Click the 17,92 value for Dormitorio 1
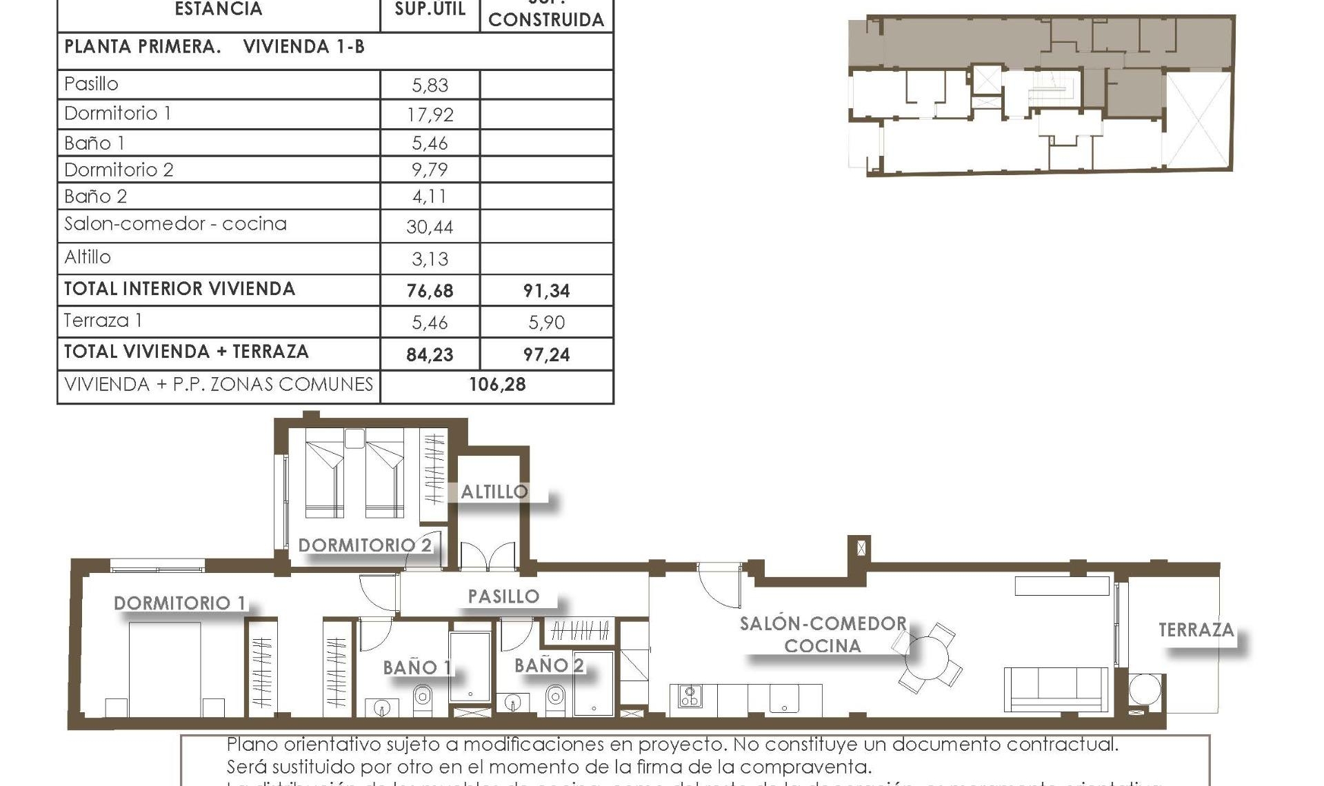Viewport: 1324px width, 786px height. [430, 114]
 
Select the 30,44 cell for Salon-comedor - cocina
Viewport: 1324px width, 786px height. [430, 227]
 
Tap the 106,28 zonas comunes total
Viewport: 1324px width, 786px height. [497, 385]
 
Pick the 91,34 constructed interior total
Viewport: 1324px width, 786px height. [546, 291]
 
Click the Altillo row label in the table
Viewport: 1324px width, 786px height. [88, 257]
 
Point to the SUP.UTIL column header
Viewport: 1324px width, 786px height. [430, 10]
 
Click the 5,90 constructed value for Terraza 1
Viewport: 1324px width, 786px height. [546, 322]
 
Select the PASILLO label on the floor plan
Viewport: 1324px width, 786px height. [503, 596]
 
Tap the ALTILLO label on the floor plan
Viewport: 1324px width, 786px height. [494, 492]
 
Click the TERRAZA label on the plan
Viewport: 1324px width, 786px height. [1196, 630]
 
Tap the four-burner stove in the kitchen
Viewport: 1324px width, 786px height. [690, 696]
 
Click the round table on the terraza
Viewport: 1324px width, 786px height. [1145, 690]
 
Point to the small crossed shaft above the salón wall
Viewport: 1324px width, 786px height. [861, 549]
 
